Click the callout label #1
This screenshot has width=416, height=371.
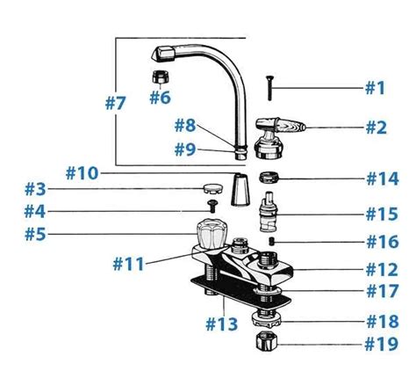[375, 87]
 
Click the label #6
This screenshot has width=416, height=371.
[159, 97]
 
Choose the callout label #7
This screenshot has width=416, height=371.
[116, 102]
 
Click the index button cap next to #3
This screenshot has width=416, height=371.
[209, 186]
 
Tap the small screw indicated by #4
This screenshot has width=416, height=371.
[211, 206]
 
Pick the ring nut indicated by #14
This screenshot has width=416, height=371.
[271, 176]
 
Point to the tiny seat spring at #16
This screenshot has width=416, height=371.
[272, 239]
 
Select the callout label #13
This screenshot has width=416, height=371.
[220, 324]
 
